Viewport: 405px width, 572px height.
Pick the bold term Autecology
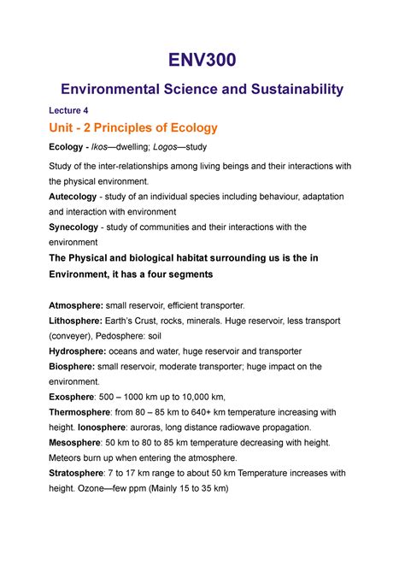pos(95,197)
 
